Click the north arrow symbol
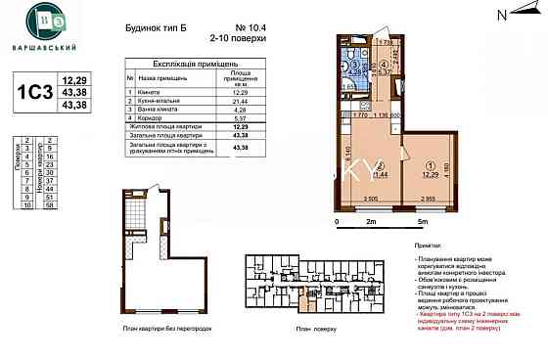pos(505,14)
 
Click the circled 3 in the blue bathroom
pos(359,59)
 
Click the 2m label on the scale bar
pos(370,223)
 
